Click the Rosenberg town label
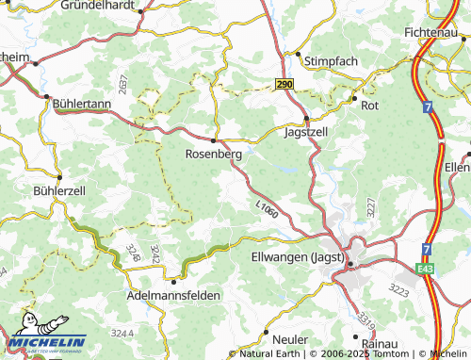click(x=215, y=154)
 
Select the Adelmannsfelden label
click(x=172, y=295)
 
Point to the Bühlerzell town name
click(x=32, y=189)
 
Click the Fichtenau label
click(x=439, y=31)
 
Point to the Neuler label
click(x=291, y=338)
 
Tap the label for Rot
click(x=369, y=106)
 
